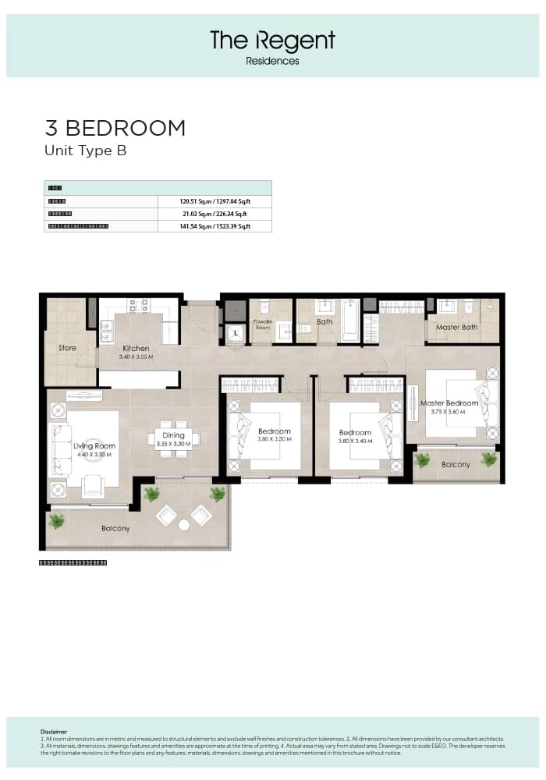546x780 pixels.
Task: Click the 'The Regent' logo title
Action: click(x=272, y=41)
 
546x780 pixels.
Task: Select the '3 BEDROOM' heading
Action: click(x=115, y=128)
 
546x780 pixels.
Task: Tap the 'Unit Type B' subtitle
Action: click(x=85, y=151)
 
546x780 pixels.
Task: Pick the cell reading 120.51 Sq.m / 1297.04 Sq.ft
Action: click(x=214, y=201)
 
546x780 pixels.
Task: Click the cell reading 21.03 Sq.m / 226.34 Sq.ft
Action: click(x=214, y=214)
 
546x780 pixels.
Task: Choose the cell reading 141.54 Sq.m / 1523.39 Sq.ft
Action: click(x=214, y=226)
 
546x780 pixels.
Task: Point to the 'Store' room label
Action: click(x=67, y=348)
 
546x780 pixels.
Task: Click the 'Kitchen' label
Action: click(x=135, y=349)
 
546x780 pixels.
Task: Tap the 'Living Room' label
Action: click(x=94, y=446)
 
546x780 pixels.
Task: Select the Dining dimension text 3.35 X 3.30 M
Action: click(x=173, y=444)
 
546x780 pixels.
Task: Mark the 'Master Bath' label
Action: click(x=456, y=328)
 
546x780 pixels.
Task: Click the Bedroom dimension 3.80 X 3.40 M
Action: click(x=355, y=440)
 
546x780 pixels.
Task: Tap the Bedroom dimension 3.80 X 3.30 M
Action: click(x=274, y=439)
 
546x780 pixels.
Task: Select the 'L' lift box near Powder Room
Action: click(x=236, y=333)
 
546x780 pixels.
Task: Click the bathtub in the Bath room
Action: click(x=350, y=320)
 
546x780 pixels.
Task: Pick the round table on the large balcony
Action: click(x=184, y=525)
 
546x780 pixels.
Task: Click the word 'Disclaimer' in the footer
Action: click(x=54, y=732)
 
